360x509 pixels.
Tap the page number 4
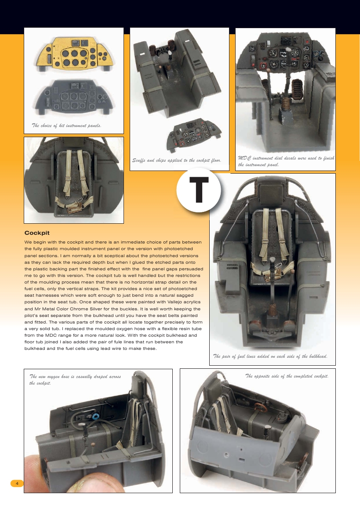17,484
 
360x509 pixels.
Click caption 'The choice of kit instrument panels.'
66,125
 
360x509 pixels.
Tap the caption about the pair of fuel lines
270,356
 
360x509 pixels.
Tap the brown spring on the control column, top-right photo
286,104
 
